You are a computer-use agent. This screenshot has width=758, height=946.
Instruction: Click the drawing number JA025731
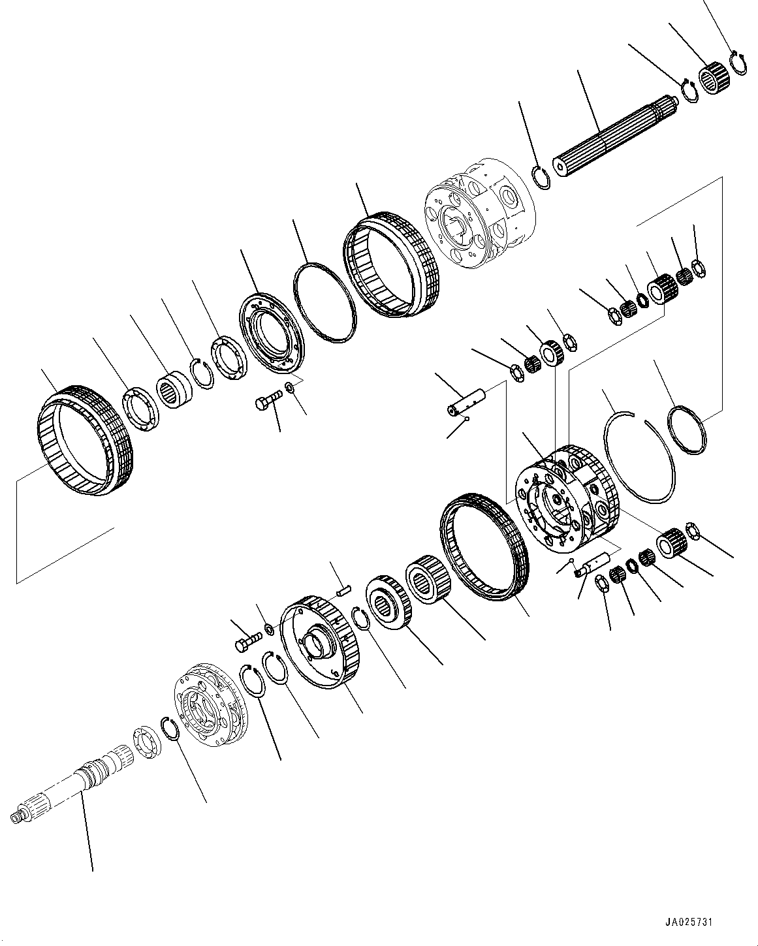click(x=689, y=922)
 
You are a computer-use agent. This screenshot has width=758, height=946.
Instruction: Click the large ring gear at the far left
click(x=86, y=437)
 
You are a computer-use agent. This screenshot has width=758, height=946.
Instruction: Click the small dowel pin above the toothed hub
click(x=344, y=590)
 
